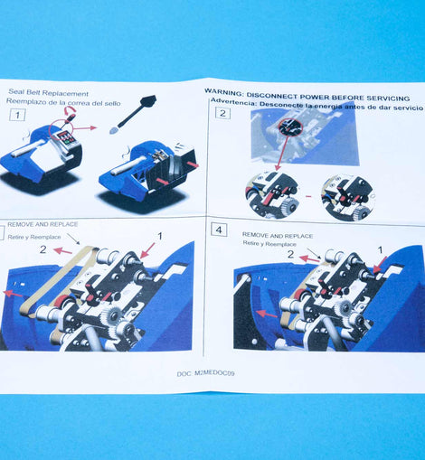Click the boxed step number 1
pyautogui.click(x=17, y=115)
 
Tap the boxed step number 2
pyautogui.click(x=222, y=113)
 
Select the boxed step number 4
pyautogui.click(x=219, y=230)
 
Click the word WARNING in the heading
pyautogui.click(x=223, y=92)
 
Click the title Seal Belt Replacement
pyautogui.click(x=48, y=92)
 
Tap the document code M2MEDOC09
pyautogui.click(x=214, y=373)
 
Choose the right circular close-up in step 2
pyautogui.click(x=347, y=197)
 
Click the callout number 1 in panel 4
pyautogui.click(x=381, y=249)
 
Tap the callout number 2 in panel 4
pyautogui.click(x=290, y=254)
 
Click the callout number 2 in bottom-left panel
pyautogui.click(x=42, y=249)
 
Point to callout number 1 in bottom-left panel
pyautogui.click(x=160, y=236)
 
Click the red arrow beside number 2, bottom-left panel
pyautogui.click(x=62, y=250)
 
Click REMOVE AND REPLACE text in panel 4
pyautogui.click(x=278, y=236)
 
